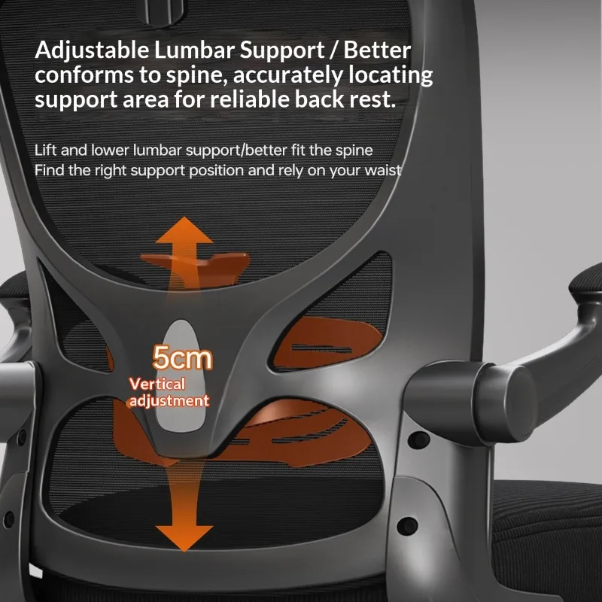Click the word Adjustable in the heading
click(92, 50)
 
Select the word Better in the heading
click(377, 50)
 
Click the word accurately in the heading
click(287, 75)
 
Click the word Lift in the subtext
click(45, 150)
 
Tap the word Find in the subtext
click(49, 170)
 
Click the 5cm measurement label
click(182, 358)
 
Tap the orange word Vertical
click(157, 384)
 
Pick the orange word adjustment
click(169, 400)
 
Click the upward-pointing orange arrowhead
click(184, 231)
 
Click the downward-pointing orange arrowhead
click(184, 538)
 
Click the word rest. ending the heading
click(372, 100)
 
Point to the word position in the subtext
click(216, 171)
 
